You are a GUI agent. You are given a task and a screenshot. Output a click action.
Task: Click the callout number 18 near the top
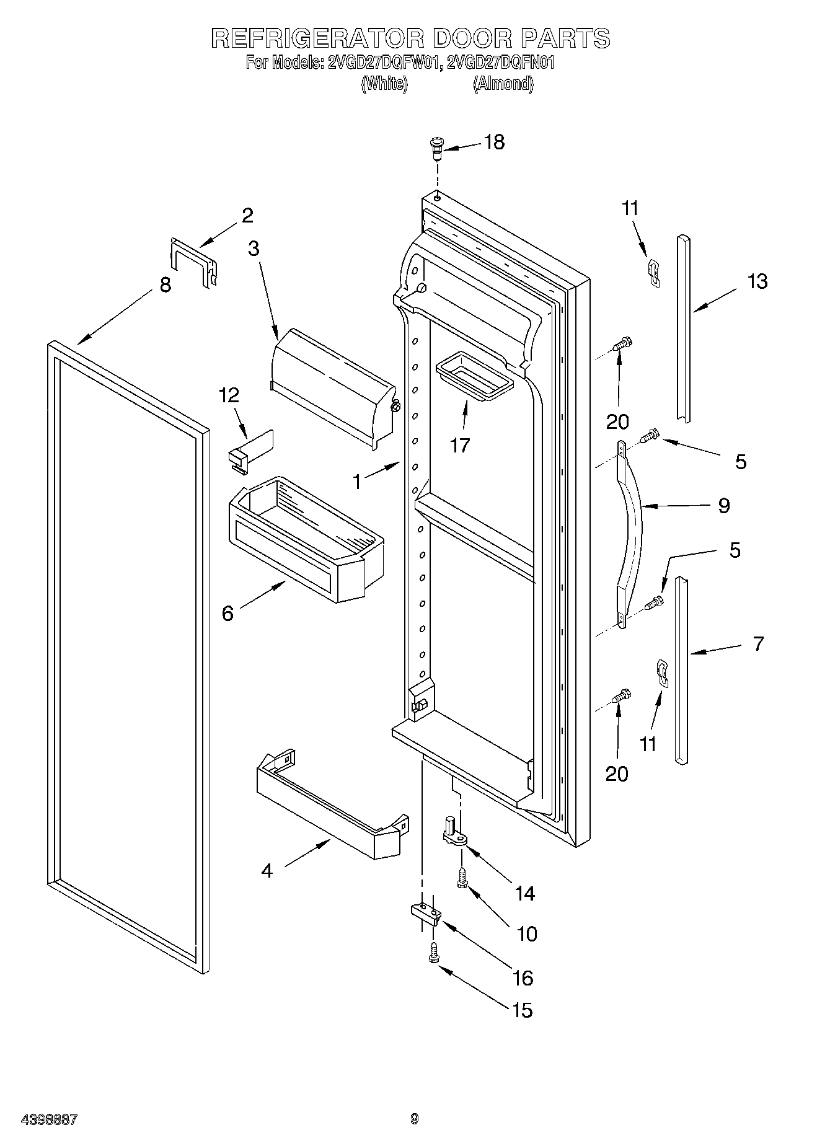[x=494, y=142]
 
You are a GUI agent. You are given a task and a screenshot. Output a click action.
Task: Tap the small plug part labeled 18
[x=435, y=148]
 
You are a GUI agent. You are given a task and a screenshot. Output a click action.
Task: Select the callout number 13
[x=757, y=281]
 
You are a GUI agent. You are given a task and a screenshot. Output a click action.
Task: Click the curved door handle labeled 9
[x=631, y=533]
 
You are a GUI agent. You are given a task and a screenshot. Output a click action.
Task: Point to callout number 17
[x=460, y=445]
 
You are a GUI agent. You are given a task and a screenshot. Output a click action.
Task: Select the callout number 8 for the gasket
[x=165, y=286]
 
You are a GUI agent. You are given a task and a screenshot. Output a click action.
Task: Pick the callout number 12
[x=229, y=395]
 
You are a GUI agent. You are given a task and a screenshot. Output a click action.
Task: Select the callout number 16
[x=523, y=978]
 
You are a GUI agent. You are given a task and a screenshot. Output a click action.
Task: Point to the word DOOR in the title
[x=472, y=38]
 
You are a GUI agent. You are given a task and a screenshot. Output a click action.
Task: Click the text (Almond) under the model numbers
[x=503, y=84]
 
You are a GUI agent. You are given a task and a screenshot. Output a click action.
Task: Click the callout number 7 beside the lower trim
[x=758, y=643]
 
